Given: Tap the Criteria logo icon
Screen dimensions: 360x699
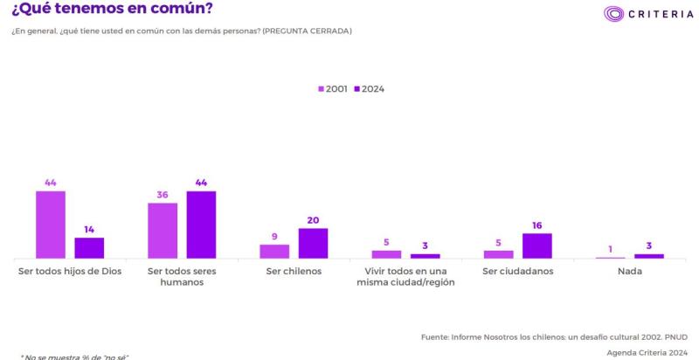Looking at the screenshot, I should (614, 14).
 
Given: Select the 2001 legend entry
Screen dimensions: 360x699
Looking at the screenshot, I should (332, 89).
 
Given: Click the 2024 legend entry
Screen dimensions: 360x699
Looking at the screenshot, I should (369, 89).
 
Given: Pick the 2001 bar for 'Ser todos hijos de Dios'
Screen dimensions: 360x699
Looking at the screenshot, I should (51, 225).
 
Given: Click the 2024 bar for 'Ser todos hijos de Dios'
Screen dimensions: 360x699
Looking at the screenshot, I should (89, 248).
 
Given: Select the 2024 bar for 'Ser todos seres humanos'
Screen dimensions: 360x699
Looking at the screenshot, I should (201, 225).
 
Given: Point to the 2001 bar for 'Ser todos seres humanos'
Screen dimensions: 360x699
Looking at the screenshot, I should (163, 231).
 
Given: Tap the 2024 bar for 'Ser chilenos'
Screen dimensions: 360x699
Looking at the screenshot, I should (313, 243).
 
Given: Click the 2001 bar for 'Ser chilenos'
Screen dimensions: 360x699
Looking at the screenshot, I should (274, 252).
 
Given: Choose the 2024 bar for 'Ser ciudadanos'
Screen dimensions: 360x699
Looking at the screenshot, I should (537, 246).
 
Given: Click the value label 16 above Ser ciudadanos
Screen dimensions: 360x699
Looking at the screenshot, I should (537, 225).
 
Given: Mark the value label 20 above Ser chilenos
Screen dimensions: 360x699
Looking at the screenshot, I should (313, 220).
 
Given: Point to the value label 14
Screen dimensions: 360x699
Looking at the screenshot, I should (89, 230).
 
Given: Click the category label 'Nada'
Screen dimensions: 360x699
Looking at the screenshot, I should (629, 271).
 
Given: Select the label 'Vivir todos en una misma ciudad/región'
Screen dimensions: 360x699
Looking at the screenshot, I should (406, 277).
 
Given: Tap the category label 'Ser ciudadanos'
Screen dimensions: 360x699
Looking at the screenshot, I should (518, 271).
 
